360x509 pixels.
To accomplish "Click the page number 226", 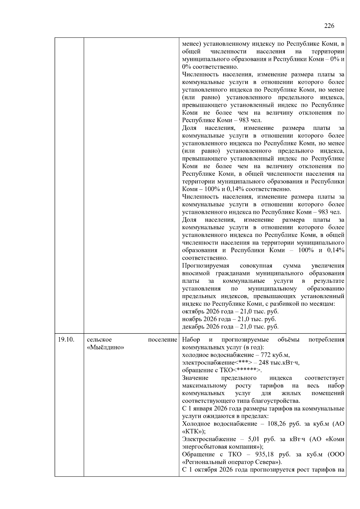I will [329, 26].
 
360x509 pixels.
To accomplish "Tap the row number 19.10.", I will [66, 340].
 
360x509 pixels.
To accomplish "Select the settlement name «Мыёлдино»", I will [105, 347].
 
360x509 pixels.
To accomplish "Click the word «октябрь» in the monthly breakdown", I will [192, 311].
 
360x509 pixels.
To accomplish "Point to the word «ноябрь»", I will [191, 319].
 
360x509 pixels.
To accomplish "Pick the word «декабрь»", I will [192, 327].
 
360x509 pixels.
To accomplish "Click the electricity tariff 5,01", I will [254, 439].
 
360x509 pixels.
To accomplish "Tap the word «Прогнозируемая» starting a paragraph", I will [205, 266].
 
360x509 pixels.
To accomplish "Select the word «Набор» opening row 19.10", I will [191, 340].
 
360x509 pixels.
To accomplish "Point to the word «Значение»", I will [195, 378].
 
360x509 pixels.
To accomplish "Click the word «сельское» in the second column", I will [99, 340].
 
